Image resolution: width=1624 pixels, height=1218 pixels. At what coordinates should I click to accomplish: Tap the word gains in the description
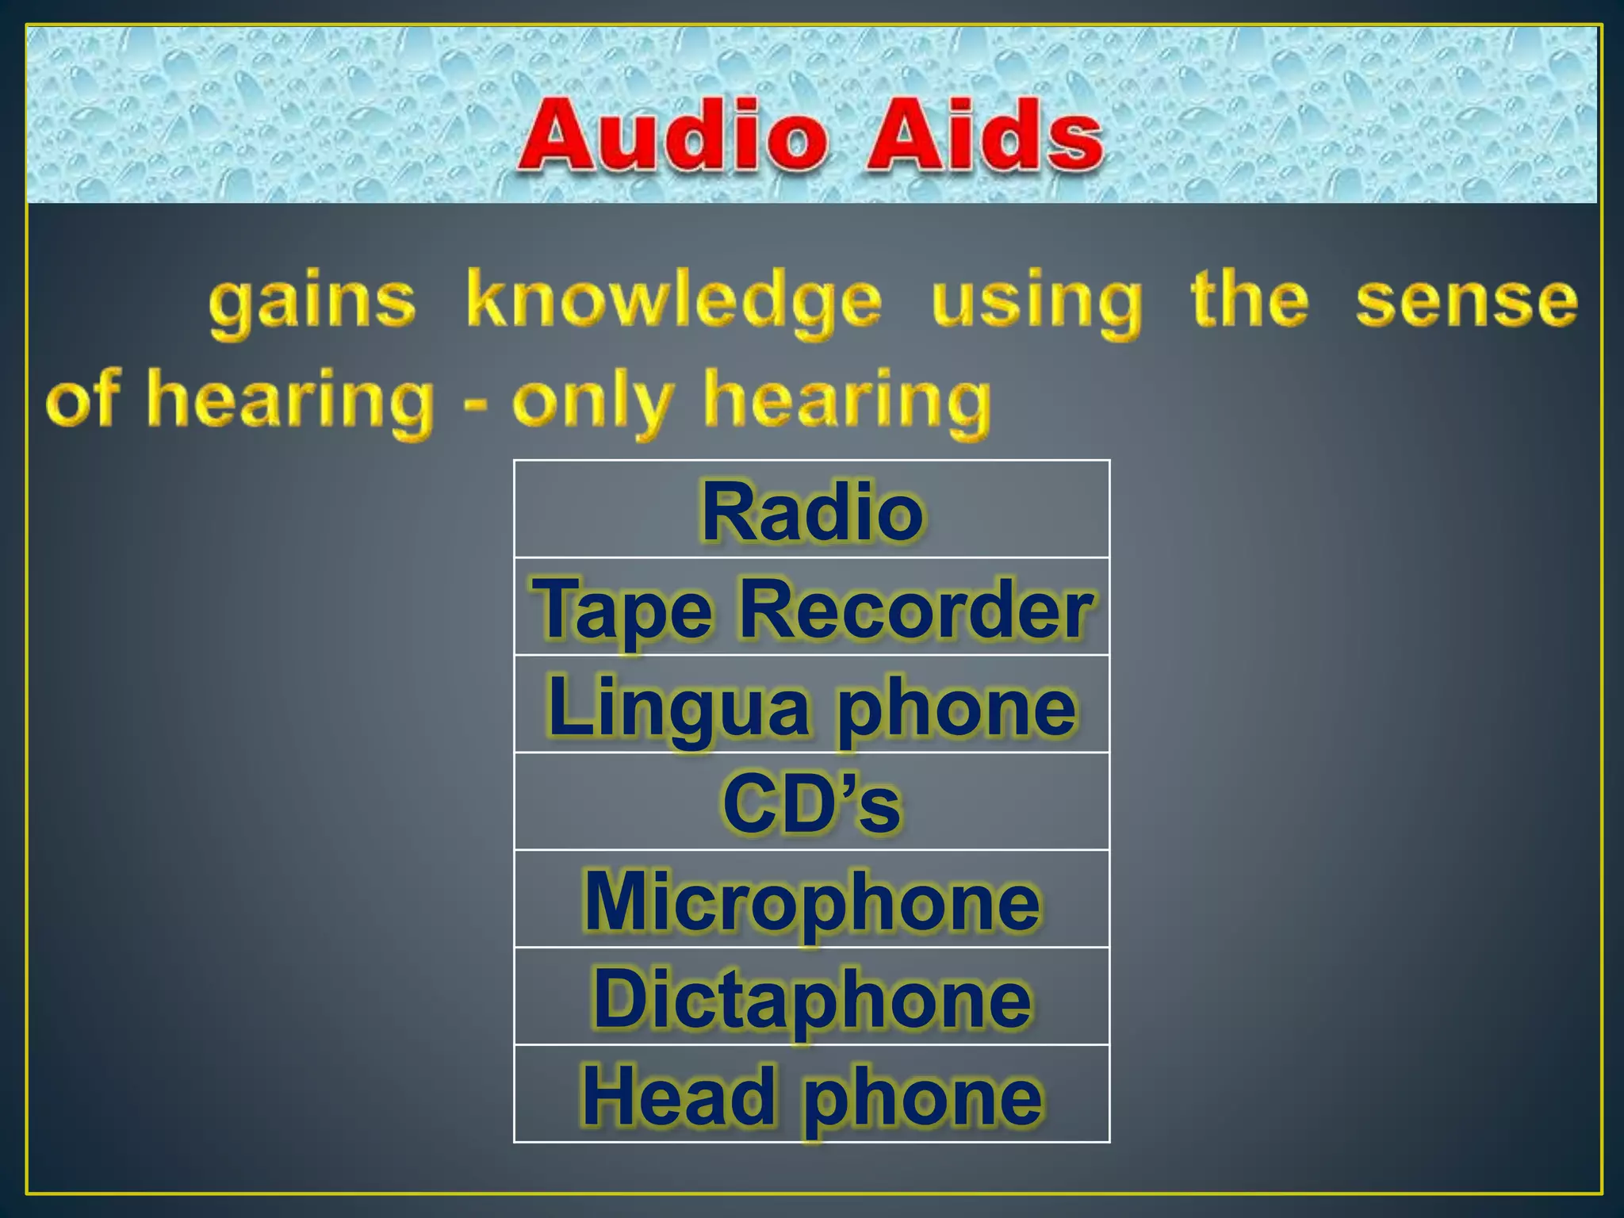[x=312, y=303]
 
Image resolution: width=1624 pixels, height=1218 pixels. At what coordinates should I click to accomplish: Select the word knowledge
[x=673, y=303]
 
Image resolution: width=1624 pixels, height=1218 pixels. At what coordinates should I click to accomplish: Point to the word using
[x=1036, y=303]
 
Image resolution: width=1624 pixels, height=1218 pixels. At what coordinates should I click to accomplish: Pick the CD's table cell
[x=812, y=803]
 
